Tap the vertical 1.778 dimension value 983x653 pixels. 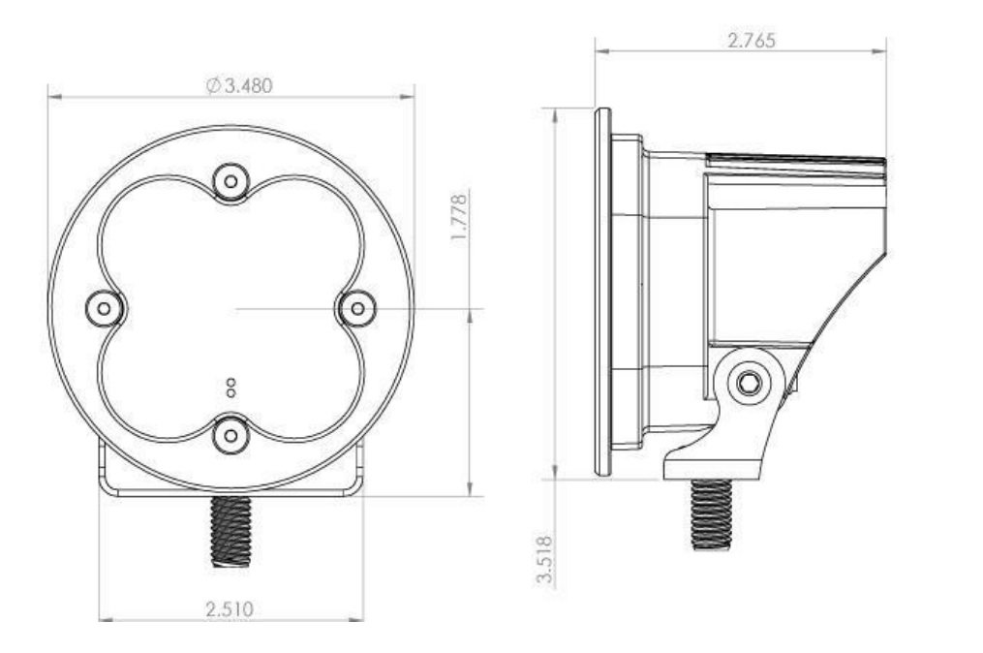(x=460, y=218)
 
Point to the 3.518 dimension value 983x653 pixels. (x=544, y=559)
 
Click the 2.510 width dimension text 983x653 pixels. (x=230, y=608)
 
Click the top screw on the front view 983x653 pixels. (x=230, y=180)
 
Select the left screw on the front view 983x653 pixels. (x=104, y=308)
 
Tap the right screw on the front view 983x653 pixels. (x=357, y=308)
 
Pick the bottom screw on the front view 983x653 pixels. (x=230, y=435)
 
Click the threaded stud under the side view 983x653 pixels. (x=711, y=513)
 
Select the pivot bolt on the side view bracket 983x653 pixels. (x=748, y=382)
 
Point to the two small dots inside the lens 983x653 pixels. (x=230, y=388)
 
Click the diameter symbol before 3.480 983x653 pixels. (x=213, y=85)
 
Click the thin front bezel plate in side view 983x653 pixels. (x=602, y=291)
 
